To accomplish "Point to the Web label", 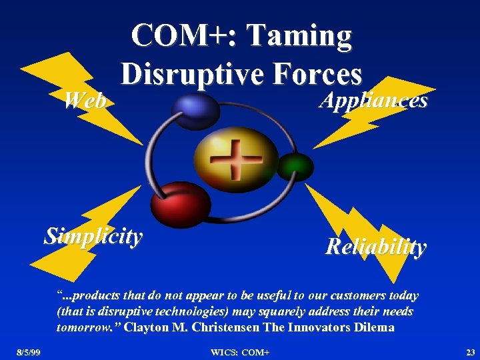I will point(84,101).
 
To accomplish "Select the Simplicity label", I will point(93,236).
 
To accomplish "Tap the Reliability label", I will point(375,247).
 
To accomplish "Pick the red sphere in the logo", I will point(180,199).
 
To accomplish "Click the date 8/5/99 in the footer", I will point(29,351).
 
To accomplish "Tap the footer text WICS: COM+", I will point(239,351).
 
